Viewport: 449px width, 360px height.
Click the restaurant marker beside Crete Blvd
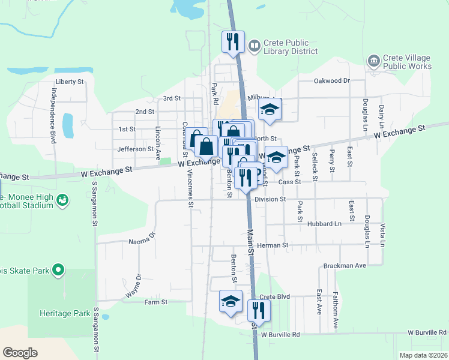pyautogui.click(x=259, y=310)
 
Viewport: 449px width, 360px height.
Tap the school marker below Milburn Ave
pyautogui.click(x=270, y=110)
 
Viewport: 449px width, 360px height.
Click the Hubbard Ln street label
pyautogui.click(x=324, y=224)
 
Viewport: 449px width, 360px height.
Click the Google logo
pyautogui.click(x=20, y=353)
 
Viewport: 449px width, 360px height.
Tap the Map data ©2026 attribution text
pyautogui.click(x=423, y=355)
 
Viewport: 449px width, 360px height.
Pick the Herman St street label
pyautogui.click(x=273, y=245)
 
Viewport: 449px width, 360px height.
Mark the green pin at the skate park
pyautogui.click(x=58, y=271)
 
